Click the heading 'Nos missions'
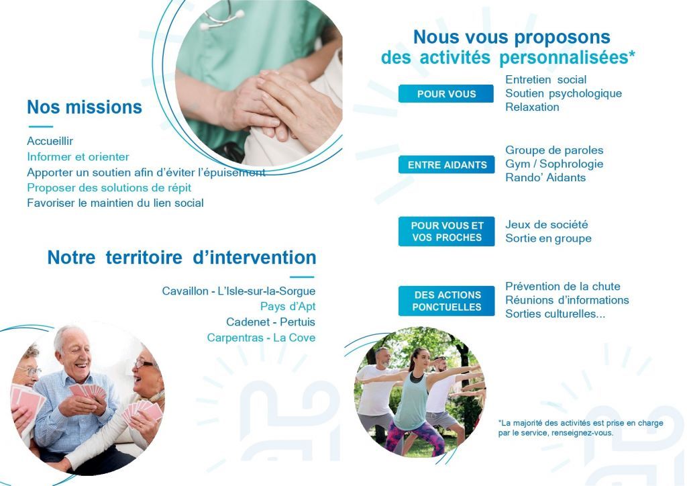click(85, 107)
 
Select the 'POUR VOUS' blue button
click(446, 94)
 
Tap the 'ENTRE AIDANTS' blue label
click(446, 164)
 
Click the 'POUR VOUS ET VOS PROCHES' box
click(446, 232)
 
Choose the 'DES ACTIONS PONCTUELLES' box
click(446, 301)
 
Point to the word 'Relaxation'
click(532, 107)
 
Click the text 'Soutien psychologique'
click(564, 93)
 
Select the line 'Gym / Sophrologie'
click(554, 164)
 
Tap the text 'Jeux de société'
click(546, 224)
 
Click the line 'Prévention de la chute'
click(563, 286)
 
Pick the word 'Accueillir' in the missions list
click(50, 141)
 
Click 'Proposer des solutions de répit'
click(109, 187)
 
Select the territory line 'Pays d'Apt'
click(287, 306)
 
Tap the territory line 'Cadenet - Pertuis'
click(270, 322)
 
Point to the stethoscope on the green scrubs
click(221, 16)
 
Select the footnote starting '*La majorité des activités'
click(580, 428)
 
